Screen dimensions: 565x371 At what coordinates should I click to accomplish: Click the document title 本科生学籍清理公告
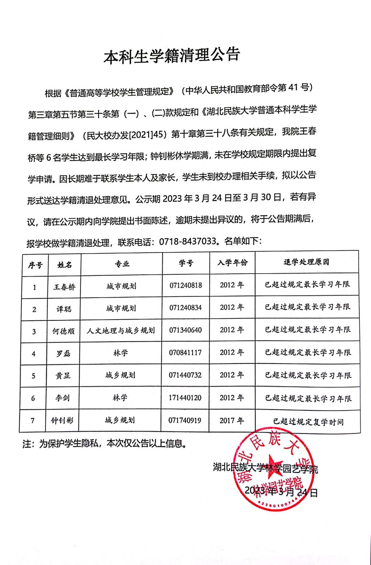coord(172,56)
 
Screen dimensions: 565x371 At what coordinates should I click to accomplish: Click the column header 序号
coord(35,265)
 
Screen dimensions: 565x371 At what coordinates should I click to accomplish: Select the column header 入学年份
coord(233,263)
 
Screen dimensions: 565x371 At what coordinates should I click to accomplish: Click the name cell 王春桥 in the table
coord(64,287)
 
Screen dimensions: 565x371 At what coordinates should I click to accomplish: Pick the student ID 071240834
coord(185,308)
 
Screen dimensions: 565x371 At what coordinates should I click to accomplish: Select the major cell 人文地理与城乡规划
coord(121,331)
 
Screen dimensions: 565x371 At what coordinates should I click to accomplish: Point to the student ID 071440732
coord(185,375)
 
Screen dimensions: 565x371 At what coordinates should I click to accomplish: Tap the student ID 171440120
coord(185,398)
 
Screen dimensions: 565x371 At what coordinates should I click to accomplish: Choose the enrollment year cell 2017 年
coord(232,421)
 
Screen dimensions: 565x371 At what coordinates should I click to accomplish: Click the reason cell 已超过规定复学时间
coord(308,422)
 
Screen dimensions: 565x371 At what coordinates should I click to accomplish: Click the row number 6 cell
coord(33,398)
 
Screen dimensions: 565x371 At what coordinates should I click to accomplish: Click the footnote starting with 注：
coord(105,444)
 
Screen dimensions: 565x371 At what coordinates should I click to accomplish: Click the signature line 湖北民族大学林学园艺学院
coord(266,469)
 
